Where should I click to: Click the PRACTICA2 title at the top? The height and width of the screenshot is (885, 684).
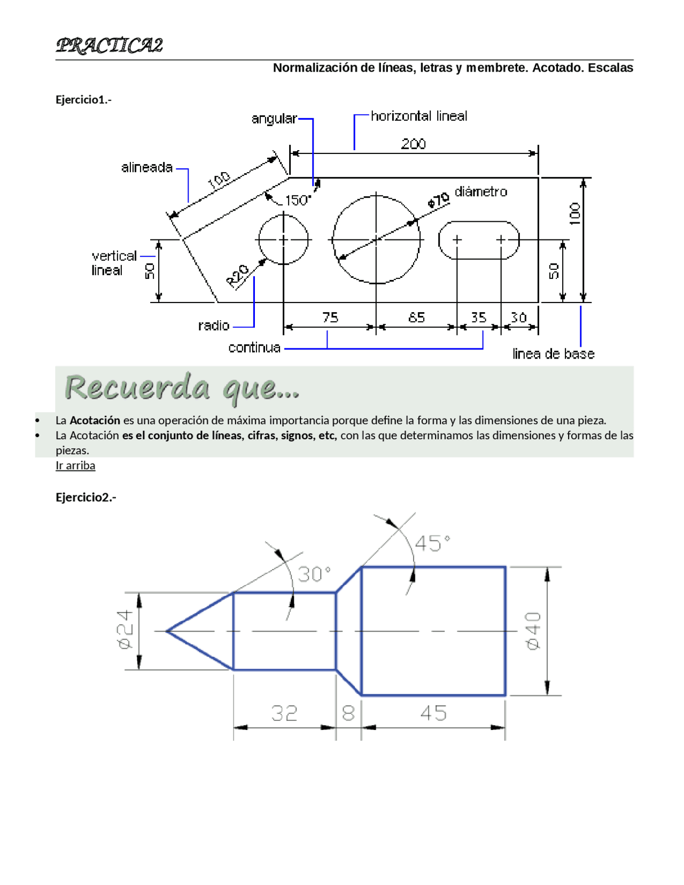pyautogui.click(x=109, y=45)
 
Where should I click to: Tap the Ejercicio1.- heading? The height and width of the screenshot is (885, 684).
pyautogui.click(x=83, y=99)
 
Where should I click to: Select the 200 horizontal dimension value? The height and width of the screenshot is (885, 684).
pyautogui.click(x=414, y=144)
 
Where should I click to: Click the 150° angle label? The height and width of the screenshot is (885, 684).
pyautogui.click(x=298, y=200)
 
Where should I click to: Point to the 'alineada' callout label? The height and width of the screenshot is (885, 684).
pyautogui.click(x=147, y=168)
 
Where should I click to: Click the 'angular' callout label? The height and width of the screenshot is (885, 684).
pyautogui.click(x=274, y=119)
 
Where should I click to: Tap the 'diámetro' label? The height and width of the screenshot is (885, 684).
pyautogui.click(x=481, y=192)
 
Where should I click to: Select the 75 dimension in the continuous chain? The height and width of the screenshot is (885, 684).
pyautogui.click(x=330, y=317)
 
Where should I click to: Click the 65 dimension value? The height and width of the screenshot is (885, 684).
pyautogui.click(x=416, y=317)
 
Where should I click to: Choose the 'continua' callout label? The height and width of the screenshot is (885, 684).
pyautogui.click(x=254, y=348)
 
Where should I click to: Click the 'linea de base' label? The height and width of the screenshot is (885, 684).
pyautogui.click(x=553, y=354)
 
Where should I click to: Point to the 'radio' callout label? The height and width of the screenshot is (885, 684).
pyautogui.click(x=214, y=325)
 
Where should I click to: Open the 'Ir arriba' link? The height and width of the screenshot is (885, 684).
pyautogui.click(x=75, y=465)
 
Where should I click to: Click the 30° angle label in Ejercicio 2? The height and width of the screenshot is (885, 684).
pyautogui.click(x=314, y=575)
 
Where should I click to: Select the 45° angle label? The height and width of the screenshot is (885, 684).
pyautogui.click(x=432, y=544)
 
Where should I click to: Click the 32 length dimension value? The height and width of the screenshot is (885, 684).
pyautogui.click(x=284, y=713)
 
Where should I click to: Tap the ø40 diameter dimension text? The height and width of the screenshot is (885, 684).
pyautogui.click(x=533, y=631)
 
